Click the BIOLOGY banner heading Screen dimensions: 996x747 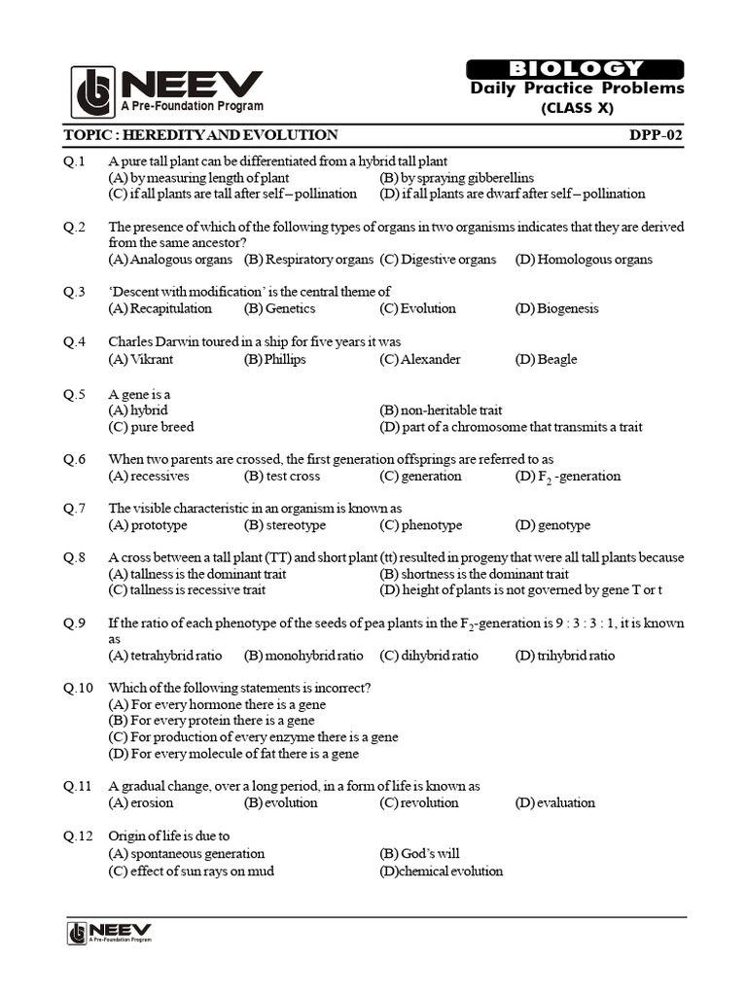[576, 68]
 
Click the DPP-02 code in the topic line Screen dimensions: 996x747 [657, 135]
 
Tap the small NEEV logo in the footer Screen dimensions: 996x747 [109, 933]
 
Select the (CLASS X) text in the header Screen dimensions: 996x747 [577, 108]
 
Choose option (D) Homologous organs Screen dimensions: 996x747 [584, 260]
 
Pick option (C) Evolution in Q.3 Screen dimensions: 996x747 [417, 308]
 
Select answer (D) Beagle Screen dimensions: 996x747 [546, 359]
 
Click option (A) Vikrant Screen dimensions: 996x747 [140, 359]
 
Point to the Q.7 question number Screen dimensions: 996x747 [76, 509]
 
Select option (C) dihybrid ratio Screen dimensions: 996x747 [429, 656]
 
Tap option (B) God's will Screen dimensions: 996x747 [419, 854]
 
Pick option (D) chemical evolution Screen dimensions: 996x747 [441, 871]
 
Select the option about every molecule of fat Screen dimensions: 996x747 [233, 754]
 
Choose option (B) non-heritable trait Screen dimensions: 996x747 [441, 410]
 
